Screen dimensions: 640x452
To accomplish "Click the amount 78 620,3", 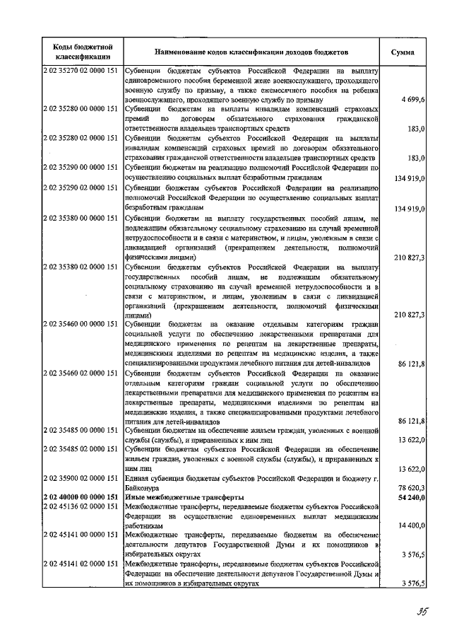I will pos(410,488).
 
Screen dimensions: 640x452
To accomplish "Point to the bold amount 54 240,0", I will pos(410,497).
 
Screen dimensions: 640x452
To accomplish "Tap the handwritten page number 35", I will pos(403,611).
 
